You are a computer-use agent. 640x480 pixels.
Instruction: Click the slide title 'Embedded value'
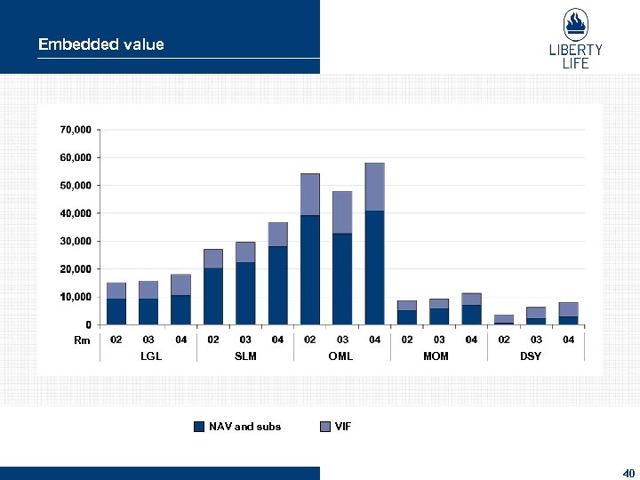pyautogui.click(x=100, y=44)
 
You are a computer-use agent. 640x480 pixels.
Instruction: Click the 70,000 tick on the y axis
pyautogui.click(x=76, y=130)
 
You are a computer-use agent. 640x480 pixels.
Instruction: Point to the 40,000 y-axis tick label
pyautogui.click(x=76, y=213)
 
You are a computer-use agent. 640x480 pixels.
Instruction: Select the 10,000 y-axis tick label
pyautogui.click(x=76, y=297)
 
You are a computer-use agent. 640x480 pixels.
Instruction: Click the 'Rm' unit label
pyautogui.click(x=82, y=340)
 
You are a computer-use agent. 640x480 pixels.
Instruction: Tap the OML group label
pyautogui.click(x=340, y=356)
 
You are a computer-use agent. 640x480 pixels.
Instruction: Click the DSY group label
pyautogui.click(x=530, y=356)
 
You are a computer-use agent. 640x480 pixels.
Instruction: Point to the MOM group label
pyautogui.click(x=436, y=356)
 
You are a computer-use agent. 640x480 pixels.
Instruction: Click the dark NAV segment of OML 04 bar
pyautogui.click(x=374, y=268)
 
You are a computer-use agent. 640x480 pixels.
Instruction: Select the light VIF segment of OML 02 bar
pyautogui.click(x=310, y=194)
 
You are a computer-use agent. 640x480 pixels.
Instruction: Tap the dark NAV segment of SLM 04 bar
pyautogui.click(x=277, y=285)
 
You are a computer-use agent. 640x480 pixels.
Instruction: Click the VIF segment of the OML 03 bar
pyautogui.click(x=342, y=212)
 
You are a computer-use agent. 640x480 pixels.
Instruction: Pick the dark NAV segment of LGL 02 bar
pyautogui.click(x=116, y=311)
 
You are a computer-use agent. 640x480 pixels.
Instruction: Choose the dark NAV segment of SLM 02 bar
pyautogui.click(x=213, y=296)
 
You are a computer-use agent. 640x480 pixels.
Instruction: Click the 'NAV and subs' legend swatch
pyautogui.click(x=200, y=427)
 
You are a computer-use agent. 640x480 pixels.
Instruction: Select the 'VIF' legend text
pyautogui.click(x=343, y=427)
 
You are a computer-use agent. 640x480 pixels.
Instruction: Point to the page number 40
pyautogui.click(x=628, y=472)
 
